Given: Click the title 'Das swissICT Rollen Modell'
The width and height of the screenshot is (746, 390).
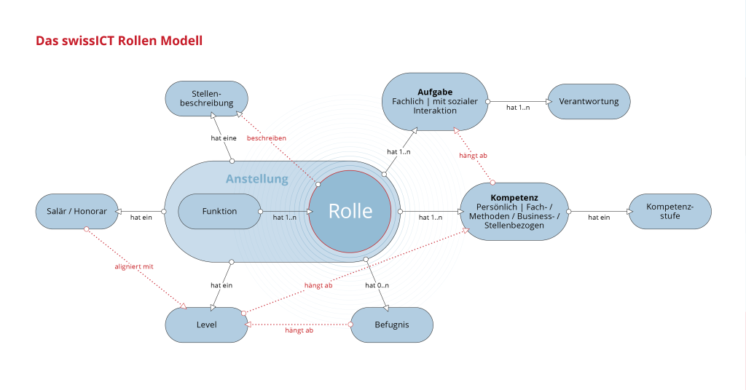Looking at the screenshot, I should [119, 41].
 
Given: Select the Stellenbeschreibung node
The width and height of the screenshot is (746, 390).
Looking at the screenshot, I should [206, 98].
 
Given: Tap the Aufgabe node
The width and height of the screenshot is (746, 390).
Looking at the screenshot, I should [435, 101].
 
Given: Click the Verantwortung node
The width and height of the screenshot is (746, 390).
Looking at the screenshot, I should [589, 102].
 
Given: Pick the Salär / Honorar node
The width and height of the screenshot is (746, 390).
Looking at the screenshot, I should [76, 211].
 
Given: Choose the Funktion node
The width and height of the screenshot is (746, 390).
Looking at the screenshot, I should [219, 211].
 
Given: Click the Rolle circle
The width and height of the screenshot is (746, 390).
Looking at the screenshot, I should [350, 211].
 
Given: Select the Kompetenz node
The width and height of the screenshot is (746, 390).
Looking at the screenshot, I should [514, 211].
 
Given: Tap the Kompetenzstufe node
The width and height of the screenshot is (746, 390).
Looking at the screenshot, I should [670, 211].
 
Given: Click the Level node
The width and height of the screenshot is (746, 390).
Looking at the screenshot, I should [206, 325].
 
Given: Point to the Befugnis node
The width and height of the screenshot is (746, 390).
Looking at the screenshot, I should [392, 325].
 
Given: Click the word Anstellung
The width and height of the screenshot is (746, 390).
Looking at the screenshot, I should [256, 179].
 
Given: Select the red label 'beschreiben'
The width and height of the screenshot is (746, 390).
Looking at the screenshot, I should [267, 138].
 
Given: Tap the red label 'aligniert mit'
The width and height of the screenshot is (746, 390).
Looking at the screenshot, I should [134, 267].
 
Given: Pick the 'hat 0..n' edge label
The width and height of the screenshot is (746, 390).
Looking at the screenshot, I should [378, 285].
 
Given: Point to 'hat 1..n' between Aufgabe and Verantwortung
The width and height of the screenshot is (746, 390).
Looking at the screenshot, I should [518, 108].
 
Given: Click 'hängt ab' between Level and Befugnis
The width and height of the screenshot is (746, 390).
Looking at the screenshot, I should [299, 330].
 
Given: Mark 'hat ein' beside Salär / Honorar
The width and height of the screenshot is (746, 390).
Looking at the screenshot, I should [141, 217].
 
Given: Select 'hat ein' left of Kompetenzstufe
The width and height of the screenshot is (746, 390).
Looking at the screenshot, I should [599, 217].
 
